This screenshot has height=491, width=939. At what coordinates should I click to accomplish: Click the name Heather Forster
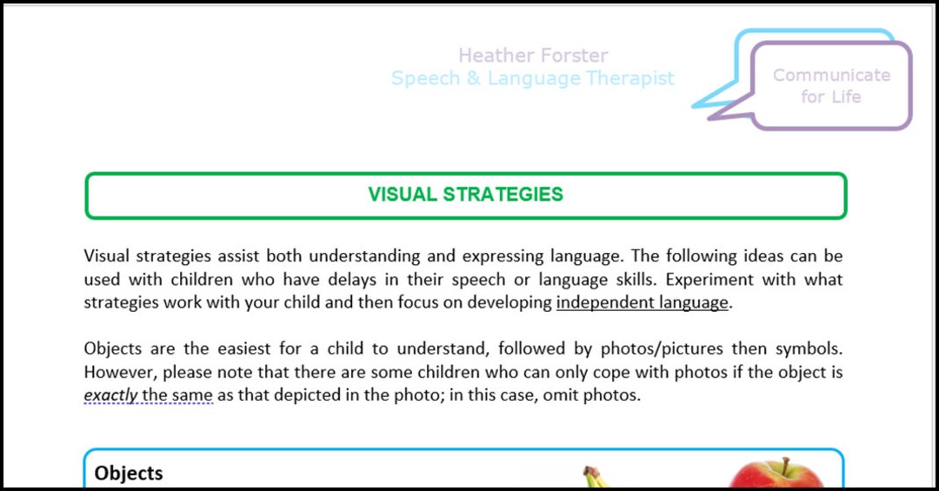(x=533, y=56)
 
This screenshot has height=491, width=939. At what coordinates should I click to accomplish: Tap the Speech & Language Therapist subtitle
(x=532, y=78)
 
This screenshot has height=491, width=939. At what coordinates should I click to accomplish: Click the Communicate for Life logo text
(x=831, y=86)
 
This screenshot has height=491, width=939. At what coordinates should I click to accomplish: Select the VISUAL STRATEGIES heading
(x=465, y=195)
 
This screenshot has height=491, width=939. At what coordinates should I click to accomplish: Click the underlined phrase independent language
(x=642, y=302)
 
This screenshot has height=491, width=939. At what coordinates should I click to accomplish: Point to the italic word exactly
(x=110, y=395)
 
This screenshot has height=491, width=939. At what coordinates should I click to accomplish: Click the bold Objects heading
(x=129, y=473)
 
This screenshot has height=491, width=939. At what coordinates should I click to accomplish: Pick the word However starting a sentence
(x=118, y=372)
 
